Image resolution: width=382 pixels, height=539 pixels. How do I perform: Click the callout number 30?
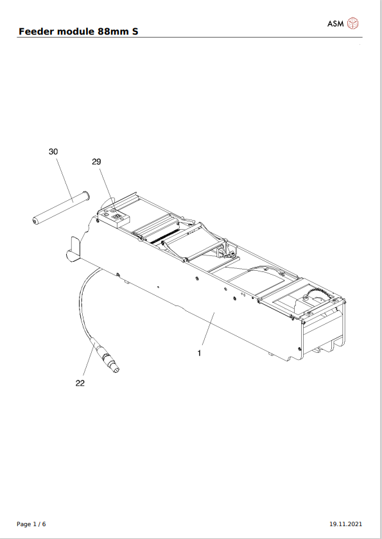[x=53, y=151]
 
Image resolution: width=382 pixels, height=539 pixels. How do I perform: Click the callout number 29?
[x=96, y=162]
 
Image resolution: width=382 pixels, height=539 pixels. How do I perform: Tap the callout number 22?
[x=80, y=383]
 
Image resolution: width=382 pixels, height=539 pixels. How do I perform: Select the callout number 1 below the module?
[x=200, y=353]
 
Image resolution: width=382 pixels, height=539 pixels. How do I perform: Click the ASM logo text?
[x=335, y=24]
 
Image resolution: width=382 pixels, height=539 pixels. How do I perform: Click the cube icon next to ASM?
[x=353, y=24]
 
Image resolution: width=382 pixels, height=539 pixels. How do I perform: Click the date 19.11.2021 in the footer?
[x=349, y=524]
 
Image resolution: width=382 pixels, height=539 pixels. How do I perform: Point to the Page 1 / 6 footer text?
[x=31, y=524]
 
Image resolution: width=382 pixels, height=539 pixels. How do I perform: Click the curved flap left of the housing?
[x=74, y=249]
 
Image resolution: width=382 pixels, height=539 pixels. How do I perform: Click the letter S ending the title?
[x=135, y=31]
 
